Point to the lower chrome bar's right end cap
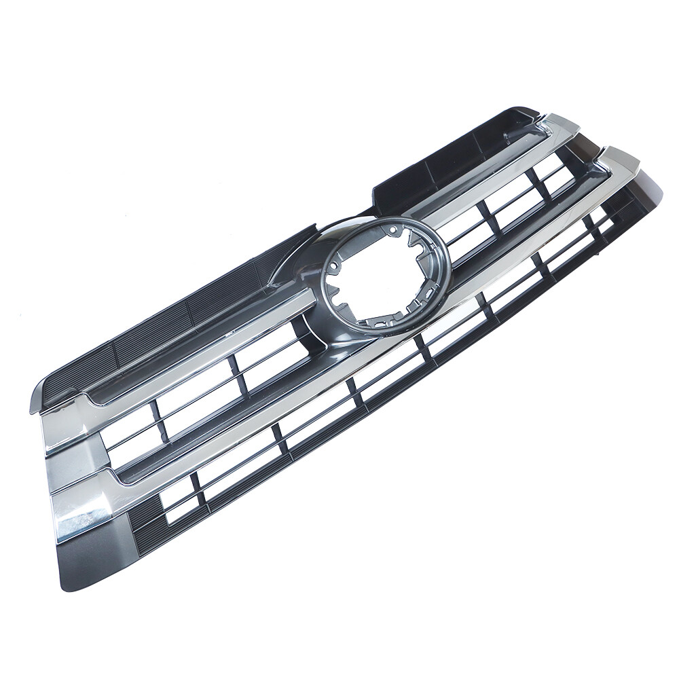[x=621, y=160]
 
